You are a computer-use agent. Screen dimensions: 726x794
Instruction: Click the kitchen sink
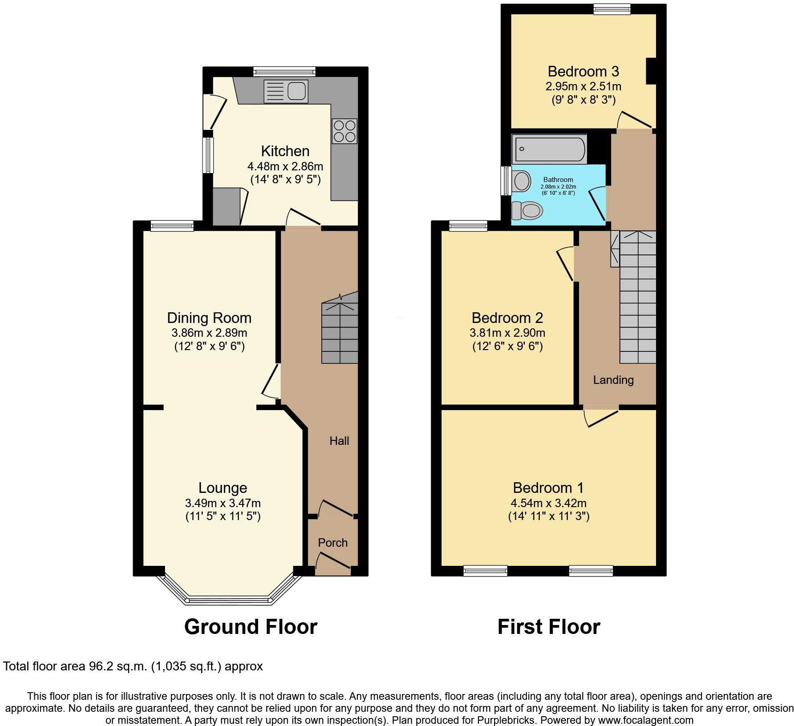coord(286,91)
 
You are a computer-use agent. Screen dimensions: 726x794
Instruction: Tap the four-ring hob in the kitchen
coord(344,131)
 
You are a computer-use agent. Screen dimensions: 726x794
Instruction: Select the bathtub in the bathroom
coord(550,149)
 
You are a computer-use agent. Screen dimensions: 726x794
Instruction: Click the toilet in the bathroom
coord(528,210)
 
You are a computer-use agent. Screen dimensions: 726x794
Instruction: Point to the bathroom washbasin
coord(521,181)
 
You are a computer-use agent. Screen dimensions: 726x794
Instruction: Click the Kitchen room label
coord(285,151)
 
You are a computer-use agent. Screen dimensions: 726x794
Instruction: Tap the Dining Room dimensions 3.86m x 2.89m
coord(209,333)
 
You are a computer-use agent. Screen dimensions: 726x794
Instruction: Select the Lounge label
coord(223,488)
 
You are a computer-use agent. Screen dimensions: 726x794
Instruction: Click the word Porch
coord(332,543)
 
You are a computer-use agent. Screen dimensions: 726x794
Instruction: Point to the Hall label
coord(339,441)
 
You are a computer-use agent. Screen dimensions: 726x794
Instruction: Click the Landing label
coord(613,380)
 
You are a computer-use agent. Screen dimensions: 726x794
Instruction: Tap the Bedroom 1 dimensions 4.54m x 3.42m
coord(548,503)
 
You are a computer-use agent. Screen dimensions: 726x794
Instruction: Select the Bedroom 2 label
coord(507,318)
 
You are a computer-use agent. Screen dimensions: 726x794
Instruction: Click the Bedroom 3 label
coord(583,71)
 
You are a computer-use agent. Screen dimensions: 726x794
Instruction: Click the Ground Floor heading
coord(251,627)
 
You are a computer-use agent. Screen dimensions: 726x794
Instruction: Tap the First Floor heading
coord(548,627)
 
